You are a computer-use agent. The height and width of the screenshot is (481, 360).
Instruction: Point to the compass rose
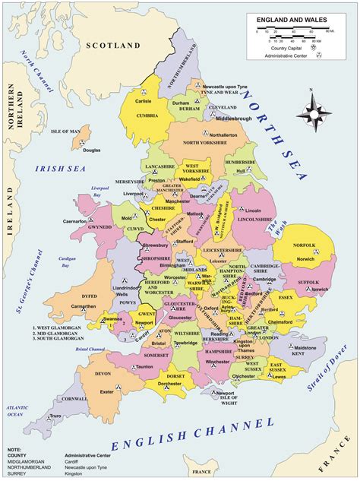pyautogui.click(x=314, y=112)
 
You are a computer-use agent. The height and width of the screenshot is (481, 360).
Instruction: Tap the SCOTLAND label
pyautogui.click(x=114, y=46)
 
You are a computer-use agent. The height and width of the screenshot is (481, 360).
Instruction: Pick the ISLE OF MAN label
pyautogui.click(x=65, y=131)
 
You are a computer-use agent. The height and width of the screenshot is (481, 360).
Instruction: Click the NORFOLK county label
pyautogui.click(x=304, y=225)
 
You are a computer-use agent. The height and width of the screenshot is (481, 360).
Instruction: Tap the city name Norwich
pyautogui.click(x=306, y=238)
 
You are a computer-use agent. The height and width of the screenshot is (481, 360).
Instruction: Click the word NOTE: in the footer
pyautogui.click(x=14, y=450)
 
